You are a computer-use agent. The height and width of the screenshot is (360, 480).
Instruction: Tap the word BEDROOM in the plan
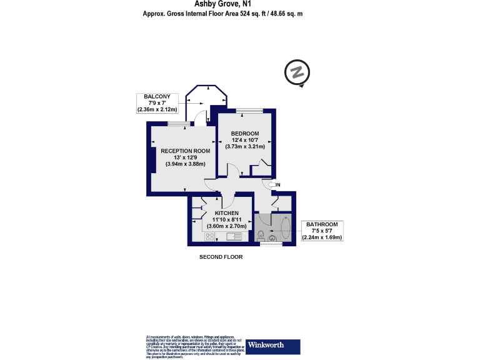[245, 134]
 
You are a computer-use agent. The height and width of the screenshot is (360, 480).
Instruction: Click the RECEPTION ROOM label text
[185, 151]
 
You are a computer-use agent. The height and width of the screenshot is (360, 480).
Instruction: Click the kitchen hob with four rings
[209, 236]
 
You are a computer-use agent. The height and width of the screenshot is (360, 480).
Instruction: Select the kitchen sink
[234, 236]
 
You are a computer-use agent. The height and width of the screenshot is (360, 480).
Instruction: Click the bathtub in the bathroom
[285, 227]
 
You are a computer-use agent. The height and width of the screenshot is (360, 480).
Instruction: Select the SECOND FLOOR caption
[221, 257]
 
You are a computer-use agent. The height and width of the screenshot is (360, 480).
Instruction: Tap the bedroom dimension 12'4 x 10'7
[245, 141]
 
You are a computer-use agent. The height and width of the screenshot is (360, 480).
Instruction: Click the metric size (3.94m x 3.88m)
[185, 164]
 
